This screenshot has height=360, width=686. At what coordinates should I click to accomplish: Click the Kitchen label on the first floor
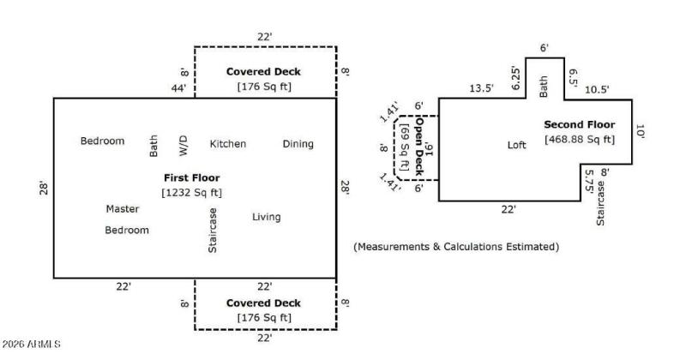(227, 144)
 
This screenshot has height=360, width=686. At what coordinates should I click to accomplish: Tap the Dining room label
(298, 144)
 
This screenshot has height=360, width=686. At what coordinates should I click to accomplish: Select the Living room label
(266, 217)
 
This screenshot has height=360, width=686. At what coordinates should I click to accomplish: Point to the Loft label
(516, 145)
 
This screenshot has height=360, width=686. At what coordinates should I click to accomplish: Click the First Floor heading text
(192, 177)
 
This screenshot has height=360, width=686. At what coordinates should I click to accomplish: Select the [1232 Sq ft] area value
(192, 192)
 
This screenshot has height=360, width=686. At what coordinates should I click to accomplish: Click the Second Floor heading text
(579, 124)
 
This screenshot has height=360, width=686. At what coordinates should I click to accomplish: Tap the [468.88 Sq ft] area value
(579, 139)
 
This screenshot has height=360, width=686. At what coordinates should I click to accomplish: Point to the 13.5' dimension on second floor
(481, 87)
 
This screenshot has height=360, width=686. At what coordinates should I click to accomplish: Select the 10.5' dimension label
(597, 88)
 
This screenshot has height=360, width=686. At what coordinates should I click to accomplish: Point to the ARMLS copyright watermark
(32, 345)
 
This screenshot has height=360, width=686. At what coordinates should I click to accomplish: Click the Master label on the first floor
(123, 208)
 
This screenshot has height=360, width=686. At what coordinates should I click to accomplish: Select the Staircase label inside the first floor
(213, 231)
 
